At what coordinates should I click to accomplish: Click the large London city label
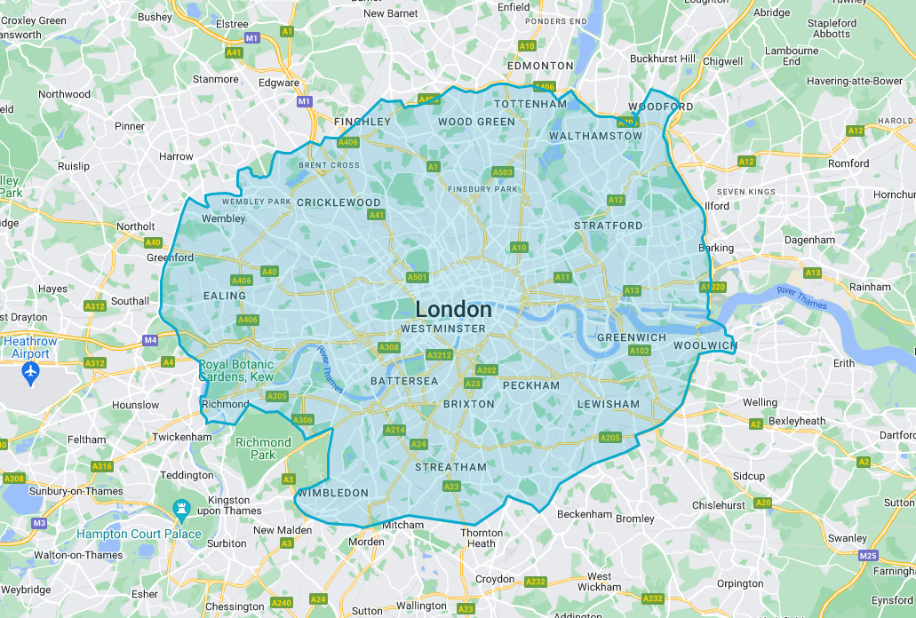tap(453, 309)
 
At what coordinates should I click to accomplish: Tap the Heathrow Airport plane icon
tap(32, 370)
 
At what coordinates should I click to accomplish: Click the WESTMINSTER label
tap(443, 329)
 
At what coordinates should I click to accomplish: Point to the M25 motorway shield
tap(868, 555)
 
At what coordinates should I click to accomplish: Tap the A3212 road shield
tap(439, 355)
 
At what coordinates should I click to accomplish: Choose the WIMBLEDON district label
tap(333, 493)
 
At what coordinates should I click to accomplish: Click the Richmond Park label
tap(263, 448)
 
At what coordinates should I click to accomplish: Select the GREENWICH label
tap(632, 337)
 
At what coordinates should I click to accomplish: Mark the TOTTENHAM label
tap(530, 104)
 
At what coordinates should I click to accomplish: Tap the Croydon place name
tap(495, 579)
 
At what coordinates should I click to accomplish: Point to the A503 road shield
tap(503, 172)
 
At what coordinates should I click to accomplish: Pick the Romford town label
tap(848, 163)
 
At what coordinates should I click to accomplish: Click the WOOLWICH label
tap(705, 345)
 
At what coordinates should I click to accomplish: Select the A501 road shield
tap(418, 277)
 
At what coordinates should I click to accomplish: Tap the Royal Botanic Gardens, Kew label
tap(236, 371)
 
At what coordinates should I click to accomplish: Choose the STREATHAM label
tap(450, 467)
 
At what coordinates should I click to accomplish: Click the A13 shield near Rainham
tap(812, 273)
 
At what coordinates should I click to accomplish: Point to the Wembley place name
tap(224, 218)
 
